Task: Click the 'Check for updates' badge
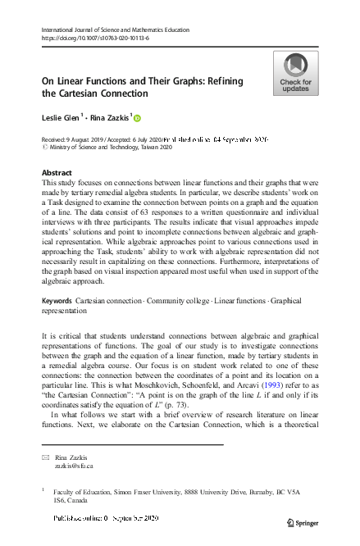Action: (295, 72)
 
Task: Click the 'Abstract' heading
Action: (57, 173)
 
